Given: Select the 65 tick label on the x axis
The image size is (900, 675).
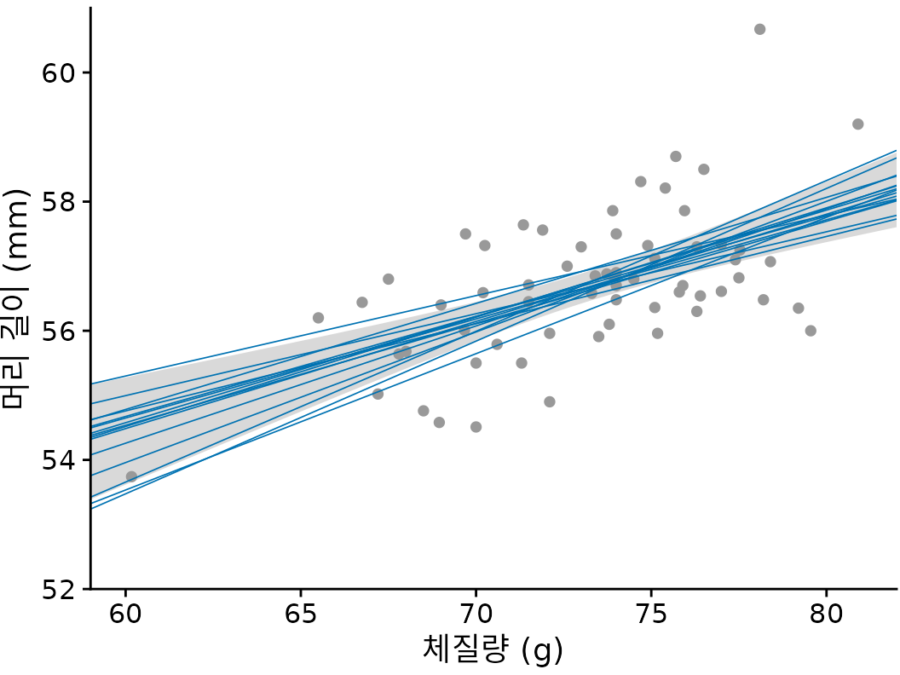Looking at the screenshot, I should coord(301,614).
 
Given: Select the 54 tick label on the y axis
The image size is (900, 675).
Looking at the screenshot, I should coord(59,460).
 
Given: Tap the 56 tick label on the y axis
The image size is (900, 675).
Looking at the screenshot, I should coord(59,331).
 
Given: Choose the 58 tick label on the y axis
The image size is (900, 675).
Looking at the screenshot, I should coord(59,202).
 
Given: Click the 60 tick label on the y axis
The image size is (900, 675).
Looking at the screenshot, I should coord(59,72).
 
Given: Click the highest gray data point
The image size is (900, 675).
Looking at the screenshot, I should coord(759,29).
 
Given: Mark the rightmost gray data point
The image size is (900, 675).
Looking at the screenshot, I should coord(857,124).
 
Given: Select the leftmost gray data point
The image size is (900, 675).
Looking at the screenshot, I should coord(131,476).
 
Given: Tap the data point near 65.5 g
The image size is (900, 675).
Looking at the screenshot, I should coord(318,318).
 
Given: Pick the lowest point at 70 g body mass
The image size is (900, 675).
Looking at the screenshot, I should coord(476,427).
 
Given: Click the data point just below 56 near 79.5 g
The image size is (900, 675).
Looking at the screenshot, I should coord(811,331).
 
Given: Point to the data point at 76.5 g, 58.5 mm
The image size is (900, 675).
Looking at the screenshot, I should coord(704,170).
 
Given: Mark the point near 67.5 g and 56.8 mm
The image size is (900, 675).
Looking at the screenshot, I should coord(389,279).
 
